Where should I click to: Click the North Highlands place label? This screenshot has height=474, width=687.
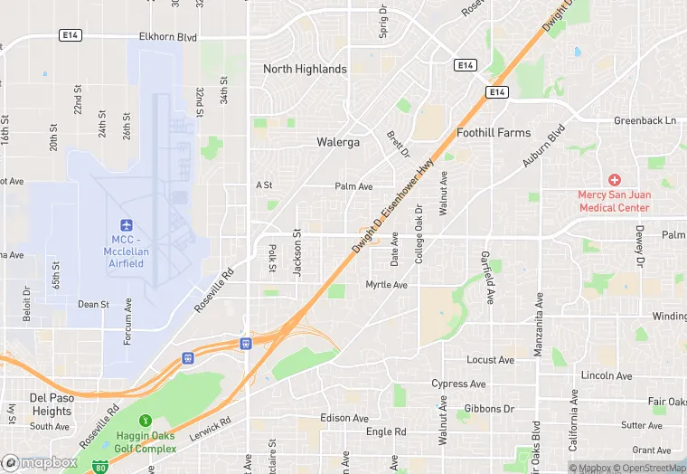click(305, 69)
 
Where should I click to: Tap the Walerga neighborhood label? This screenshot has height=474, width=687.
click(338, 142)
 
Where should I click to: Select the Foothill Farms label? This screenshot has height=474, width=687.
click(494, 133)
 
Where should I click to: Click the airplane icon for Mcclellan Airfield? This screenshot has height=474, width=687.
click(126, 224)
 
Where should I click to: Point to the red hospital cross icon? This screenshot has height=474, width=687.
click(615, 180)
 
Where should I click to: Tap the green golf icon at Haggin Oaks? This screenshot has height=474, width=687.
click(145, 420)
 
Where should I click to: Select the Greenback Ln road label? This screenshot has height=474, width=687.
click(645, 120)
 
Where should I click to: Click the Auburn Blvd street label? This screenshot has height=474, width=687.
click(543, 145)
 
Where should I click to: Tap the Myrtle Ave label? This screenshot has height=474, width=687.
click(386, 285)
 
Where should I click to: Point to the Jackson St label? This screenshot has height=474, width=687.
click(296, 252)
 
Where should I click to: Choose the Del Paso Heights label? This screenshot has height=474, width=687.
click(51, 404)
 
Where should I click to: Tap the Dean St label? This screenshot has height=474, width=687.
click(93, 305)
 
